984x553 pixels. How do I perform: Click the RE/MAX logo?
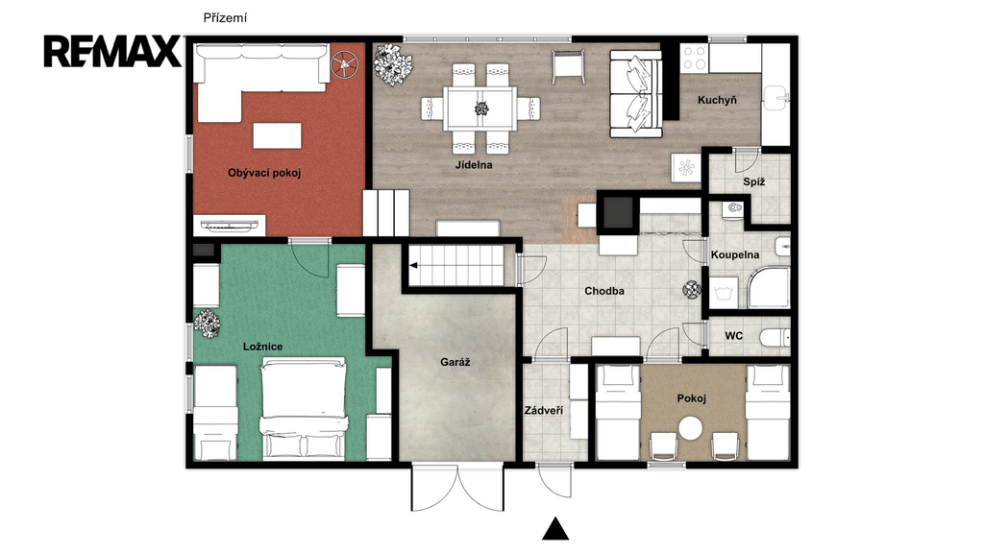(112, 52)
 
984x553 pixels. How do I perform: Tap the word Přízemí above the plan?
(225, 18)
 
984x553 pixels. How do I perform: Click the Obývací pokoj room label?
(264, 173)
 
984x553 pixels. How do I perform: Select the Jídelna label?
(474, 165)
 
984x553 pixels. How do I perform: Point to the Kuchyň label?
(717, 100)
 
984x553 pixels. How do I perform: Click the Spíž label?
(753, 182)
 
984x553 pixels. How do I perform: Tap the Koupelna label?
(735, 255)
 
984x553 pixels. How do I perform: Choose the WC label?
(733, 336)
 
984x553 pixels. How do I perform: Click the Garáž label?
(455, 362)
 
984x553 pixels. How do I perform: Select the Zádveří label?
(544, 411)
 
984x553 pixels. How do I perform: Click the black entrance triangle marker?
(555, 529)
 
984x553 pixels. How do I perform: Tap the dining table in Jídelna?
(480, 108)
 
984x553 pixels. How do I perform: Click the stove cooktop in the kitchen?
(694, 58)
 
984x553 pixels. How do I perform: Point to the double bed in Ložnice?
(304, 407)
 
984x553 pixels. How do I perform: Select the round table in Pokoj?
(691, 429)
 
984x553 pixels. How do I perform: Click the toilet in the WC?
(775, 337)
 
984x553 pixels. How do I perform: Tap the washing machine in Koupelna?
(725, 292)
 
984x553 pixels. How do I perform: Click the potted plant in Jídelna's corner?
(392, 64)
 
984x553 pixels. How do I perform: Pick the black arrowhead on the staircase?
(414, 265)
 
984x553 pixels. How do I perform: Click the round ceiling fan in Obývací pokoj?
(345, 62)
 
